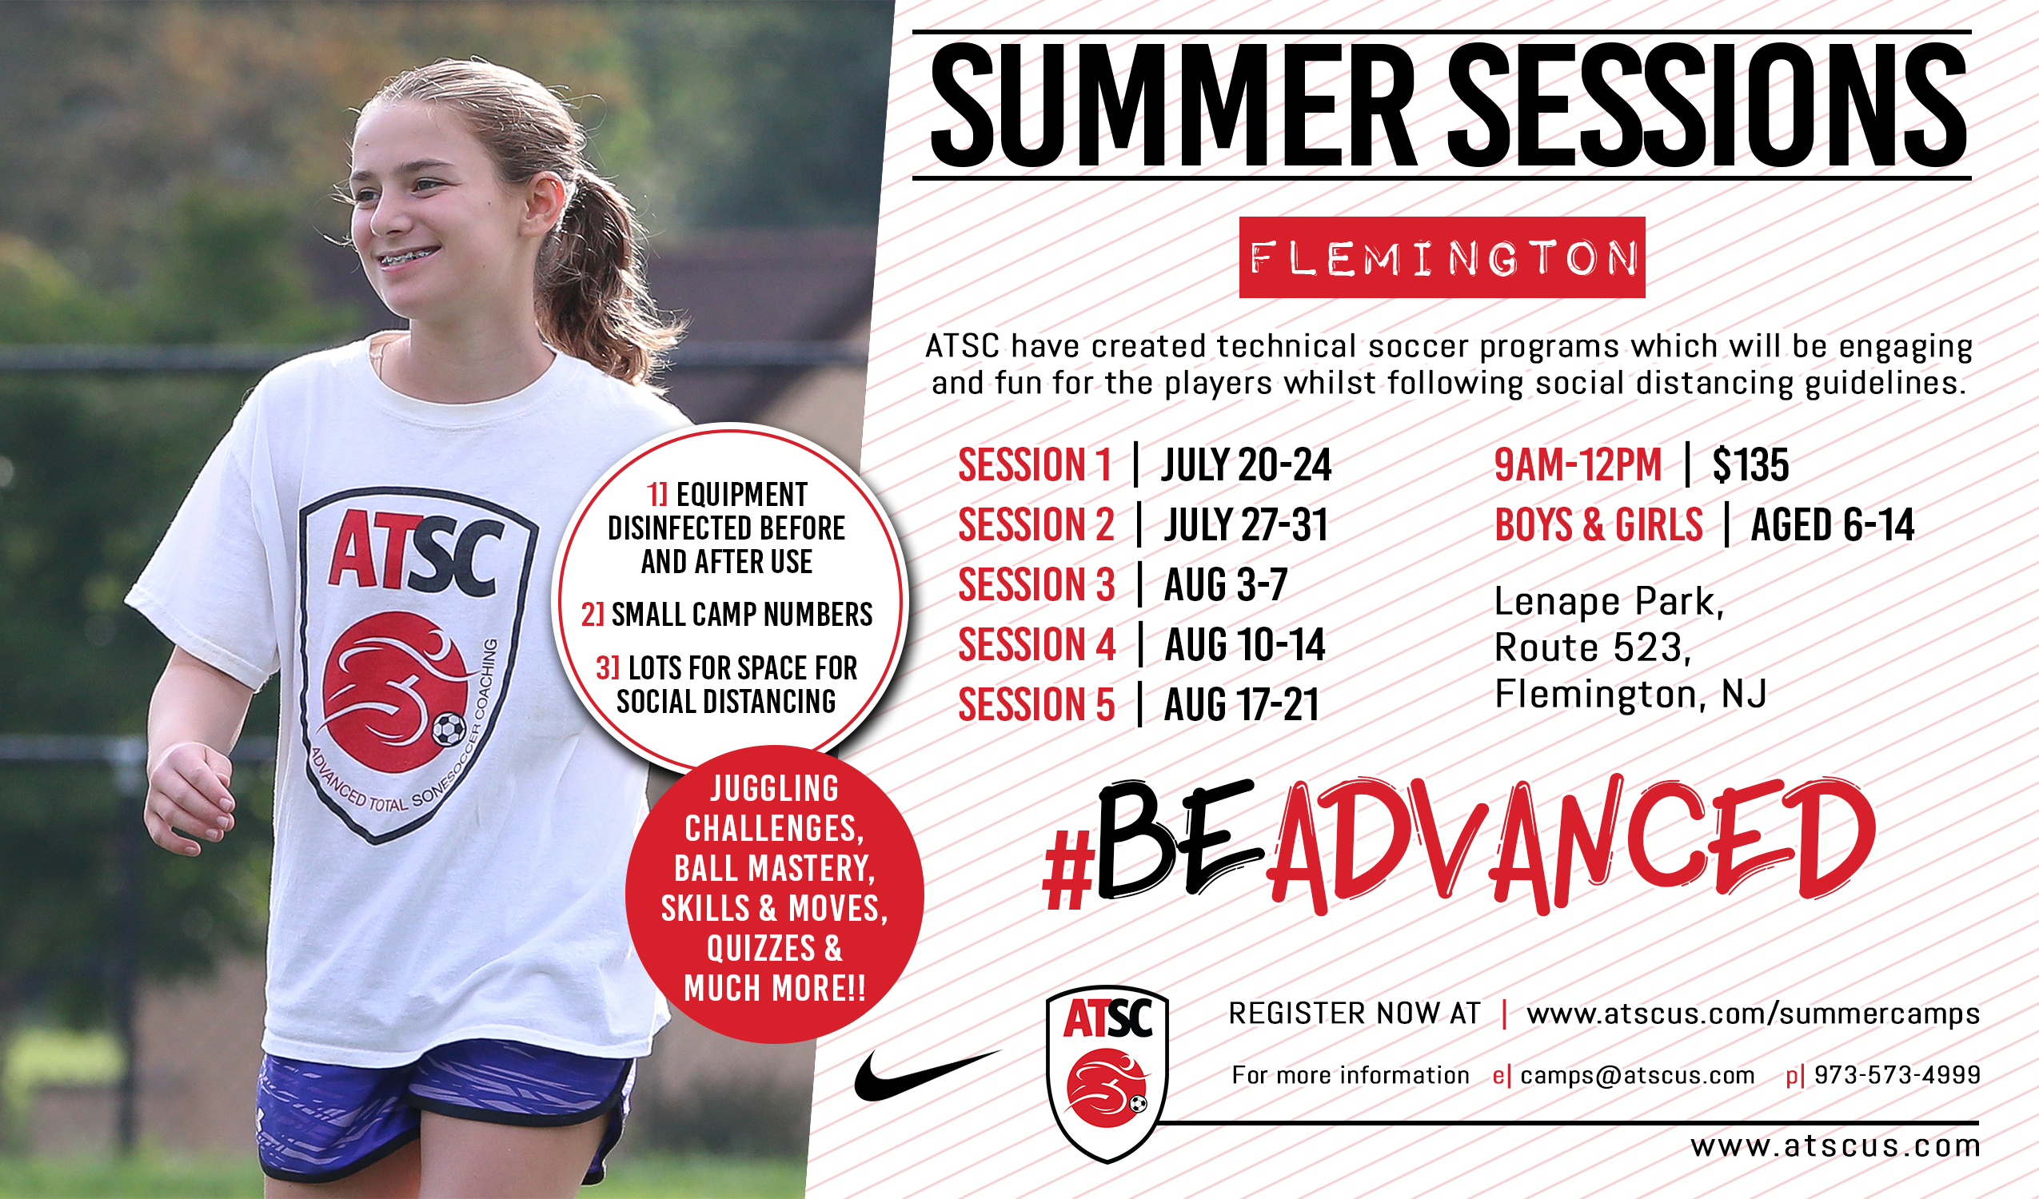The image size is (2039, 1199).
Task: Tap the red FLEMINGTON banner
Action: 1442,257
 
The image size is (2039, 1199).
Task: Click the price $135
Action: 1751,465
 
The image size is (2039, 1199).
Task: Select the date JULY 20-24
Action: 1247,465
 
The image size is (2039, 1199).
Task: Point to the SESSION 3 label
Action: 1036,585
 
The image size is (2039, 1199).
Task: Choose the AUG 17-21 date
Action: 1242,705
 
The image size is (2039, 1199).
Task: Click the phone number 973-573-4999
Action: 1897,1075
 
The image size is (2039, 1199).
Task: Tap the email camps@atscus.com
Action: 1638,1075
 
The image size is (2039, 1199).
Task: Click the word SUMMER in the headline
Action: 1173,106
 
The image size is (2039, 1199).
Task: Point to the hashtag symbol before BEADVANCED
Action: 1068,870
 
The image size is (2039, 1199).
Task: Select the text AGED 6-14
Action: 1833,525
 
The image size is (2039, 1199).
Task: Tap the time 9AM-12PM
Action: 1578,465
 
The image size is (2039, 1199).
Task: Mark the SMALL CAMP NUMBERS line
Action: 727,615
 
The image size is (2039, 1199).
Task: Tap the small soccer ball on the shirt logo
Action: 449,728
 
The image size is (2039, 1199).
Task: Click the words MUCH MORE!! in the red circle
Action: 775,989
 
